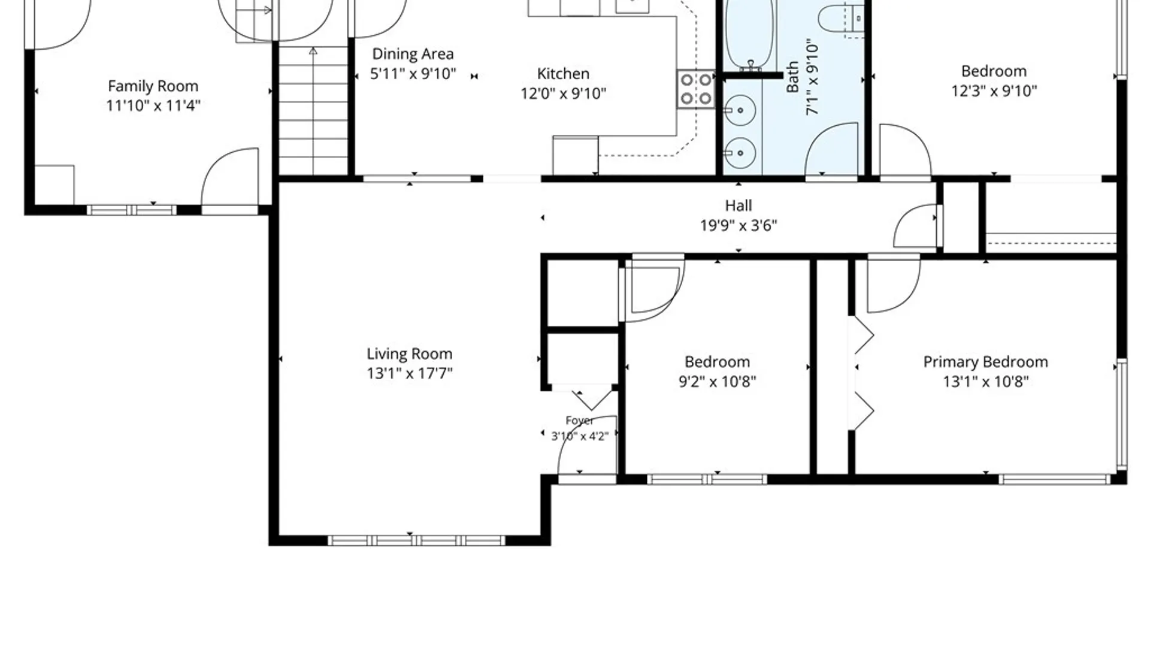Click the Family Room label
point(153,86)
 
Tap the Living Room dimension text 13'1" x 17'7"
point(410,373)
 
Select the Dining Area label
point(413,54)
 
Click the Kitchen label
point(563,74)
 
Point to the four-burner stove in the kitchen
point(696,89)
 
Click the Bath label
point(792,76)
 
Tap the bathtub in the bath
point(749,33)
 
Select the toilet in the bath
point(841,18)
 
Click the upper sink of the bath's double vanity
point(740,110)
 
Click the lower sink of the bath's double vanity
point(740,153)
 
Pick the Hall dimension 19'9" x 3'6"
point(739,225)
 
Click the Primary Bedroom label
point(985,362)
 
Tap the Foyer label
point(579,421)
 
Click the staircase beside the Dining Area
point(313,111)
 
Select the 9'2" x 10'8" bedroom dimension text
point(717,381)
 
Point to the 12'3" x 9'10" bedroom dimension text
point(994,90)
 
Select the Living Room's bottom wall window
point(417,540)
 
